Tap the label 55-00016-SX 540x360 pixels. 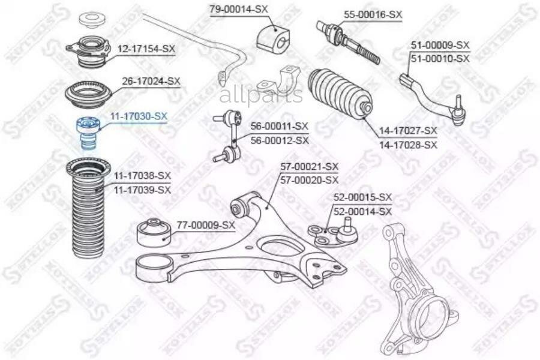[372, 14]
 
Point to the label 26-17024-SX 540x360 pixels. [151, 80]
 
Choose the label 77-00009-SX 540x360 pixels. [206, 225]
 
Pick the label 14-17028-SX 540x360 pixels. [408, 145]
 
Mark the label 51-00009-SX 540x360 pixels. [440, 45]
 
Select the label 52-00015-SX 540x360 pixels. [362, 197]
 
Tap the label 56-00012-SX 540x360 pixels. [279, 140]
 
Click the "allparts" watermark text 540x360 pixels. [260, 95]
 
